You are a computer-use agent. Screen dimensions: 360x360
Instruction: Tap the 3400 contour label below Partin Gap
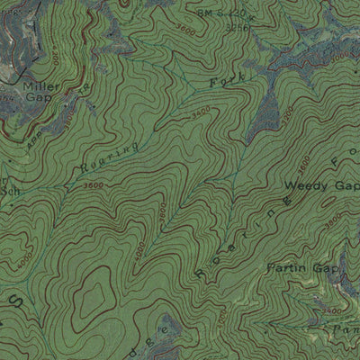tap(332, 310)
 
